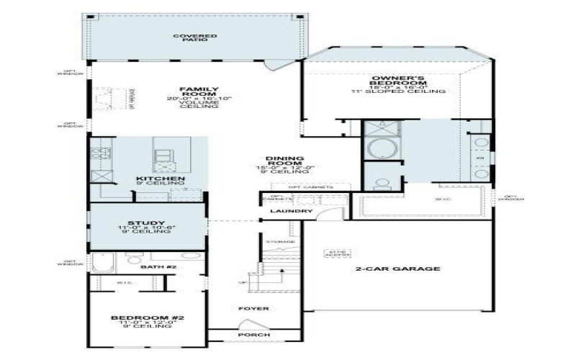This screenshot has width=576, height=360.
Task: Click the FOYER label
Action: pyautogui.click(x=254, y=308)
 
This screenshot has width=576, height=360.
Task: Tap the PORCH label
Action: pyautogui.click(x=253, y=335)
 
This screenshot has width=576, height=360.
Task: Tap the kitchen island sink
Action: pyautogui.click(x=162, y=155)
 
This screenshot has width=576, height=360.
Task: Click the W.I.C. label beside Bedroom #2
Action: pyautogui.click(x=124, y=284)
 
